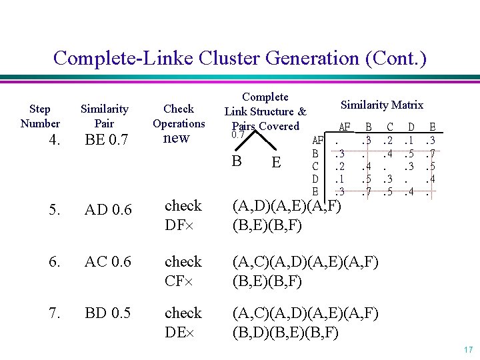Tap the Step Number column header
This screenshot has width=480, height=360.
(40, 116)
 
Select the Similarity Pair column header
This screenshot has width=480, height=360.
(105, 116)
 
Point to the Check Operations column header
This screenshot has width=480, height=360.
(179, 116)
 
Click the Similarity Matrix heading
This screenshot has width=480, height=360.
(381, 105)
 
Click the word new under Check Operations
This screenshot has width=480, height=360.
(177, 138)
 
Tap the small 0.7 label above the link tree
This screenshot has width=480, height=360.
(238, 135)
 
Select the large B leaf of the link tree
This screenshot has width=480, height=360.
(236, 161)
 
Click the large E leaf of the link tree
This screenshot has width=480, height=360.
(276, 163)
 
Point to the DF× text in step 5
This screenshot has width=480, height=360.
(178, 225)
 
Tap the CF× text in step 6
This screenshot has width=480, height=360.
(178, 281)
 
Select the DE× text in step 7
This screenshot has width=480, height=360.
(178, 332)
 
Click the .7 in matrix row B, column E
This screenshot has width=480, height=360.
(432, 153)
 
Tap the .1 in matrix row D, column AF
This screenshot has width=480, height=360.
(341, 179)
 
